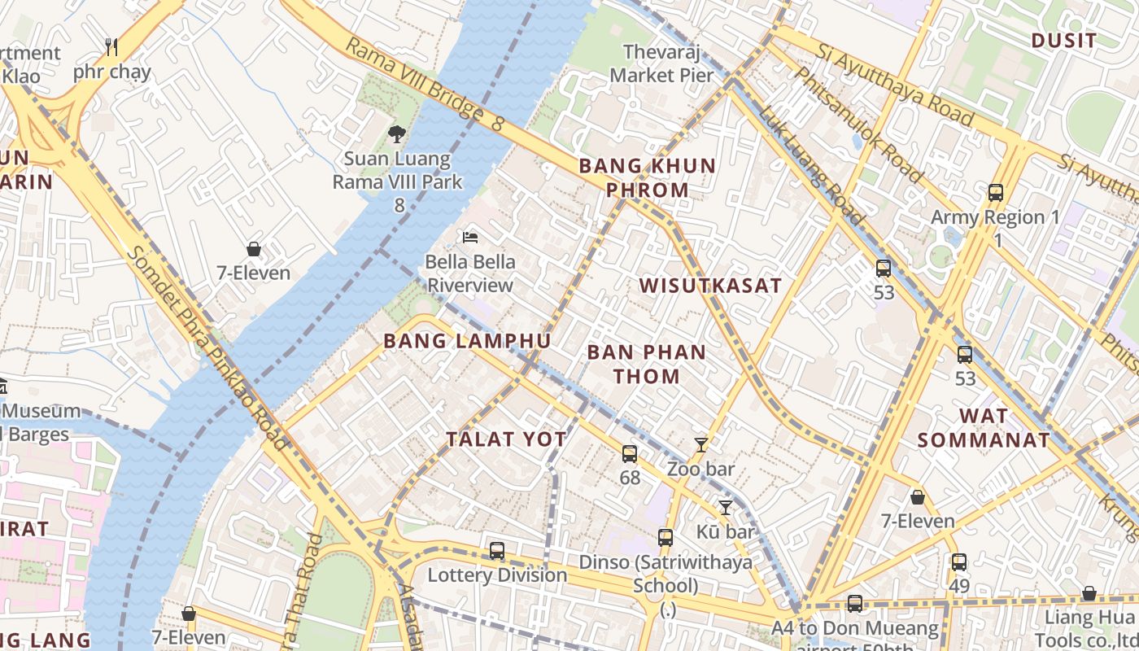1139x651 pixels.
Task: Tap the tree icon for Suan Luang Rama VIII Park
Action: point(397,134)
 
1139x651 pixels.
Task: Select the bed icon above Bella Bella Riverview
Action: point(470,238)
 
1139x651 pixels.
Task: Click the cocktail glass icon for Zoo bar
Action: point(700,445)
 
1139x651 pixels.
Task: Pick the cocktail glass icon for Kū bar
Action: point(725,508)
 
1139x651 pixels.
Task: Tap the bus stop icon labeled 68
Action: point(630,454)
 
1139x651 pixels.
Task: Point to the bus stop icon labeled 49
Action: point(959,561)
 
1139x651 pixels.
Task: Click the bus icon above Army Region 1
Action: point(995,193)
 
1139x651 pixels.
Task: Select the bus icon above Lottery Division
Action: point(497,551)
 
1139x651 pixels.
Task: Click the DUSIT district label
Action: point(1063,40)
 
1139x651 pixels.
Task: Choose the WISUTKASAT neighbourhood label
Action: point(710,286)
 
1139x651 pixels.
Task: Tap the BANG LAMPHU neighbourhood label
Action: point(467,341)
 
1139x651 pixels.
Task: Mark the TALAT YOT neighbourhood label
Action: point(506,439)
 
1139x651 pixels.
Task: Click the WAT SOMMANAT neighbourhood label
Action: point(983,428)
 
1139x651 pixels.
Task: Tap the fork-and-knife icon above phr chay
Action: point(112,47)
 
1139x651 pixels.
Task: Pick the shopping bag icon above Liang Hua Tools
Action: point(1089,594)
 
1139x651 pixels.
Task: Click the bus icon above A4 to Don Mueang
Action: point(854,604)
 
